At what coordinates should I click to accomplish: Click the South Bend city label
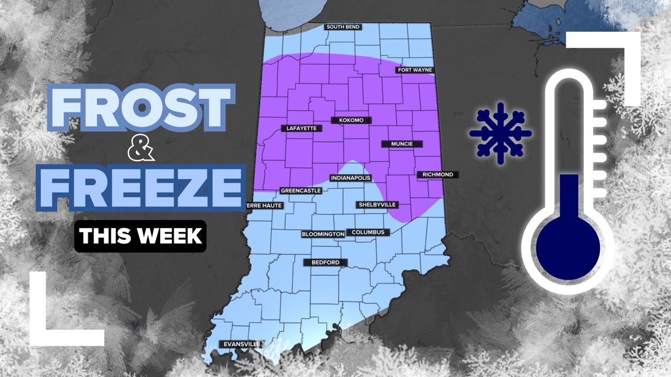343,27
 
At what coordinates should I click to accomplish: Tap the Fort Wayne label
415,70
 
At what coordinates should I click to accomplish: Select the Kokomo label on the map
351,121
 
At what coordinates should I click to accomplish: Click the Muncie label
401,144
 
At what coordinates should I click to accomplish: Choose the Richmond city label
437,175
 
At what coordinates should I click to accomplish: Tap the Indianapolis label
351,178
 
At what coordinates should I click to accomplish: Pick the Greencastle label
301,191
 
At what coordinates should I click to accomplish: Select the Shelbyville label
377,205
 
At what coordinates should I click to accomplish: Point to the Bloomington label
323,234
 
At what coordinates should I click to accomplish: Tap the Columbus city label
368,232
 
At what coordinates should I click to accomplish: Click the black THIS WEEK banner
141,236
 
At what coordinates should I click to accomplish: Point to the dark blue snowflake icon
500,133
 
